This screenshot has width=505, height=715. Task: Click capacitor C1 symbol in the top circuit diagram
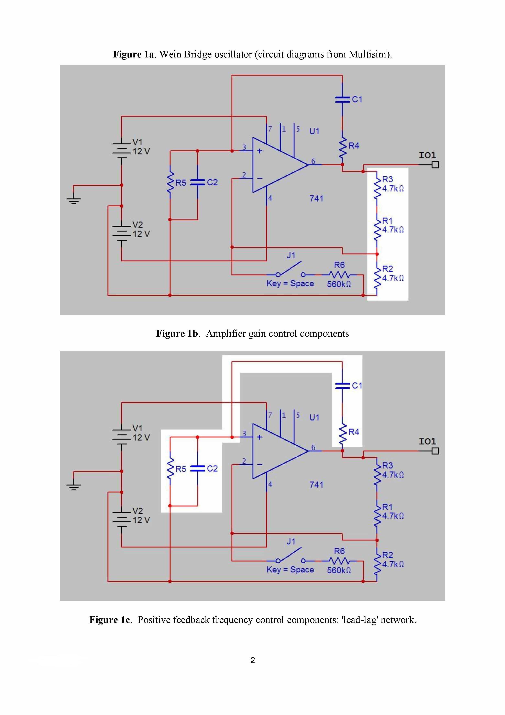(x=342, y=99)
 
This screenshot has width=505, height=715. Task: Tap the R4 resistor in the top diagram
(x=342, y=149)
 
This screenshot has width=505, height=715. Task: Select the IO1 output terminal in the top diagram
(x=435, y=165)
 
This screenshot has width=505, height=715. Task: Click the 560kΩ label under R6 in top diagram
(x=339, y=284)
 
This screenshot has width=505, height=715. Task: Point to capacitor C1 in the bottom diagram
(x=342, y=386)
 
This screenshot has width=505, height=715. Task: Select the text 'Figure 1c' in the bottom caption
(x=109, y=620)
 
